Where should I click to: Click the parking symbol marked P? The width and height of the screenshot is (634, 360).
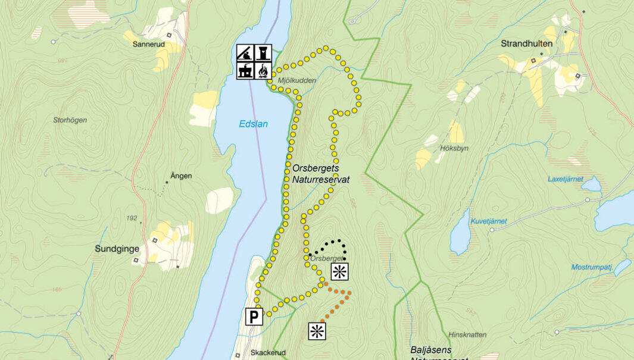click(254, 317)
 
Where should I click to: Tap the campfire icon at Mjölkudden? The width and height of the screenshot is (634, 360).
click(263, 71)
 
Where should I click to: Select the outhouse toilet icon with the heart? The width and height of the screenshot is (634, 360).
click(263, 53)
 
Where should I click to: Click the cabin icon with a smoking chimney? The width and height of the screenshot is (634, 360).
click(245, 71)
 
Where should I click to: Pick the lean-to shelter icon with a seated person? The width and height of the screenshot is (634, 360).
click(245, 53)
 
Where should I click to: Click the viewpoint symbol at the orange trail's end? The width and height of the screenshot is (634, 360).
click(317, 331)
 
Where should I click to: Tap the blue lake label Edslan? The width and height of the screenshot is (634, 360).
click(254, 124)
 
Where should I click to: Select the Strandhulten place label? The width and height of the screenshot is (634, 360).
click(526, 43)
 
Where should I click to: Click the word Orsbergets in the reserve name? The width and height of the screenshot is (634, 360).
click(316, 168)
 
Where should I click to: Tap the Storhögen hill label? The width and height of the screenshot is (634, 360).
click(70, 120)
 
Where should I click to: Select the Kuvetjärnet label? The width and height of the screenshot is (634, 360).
click(489, 221)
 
